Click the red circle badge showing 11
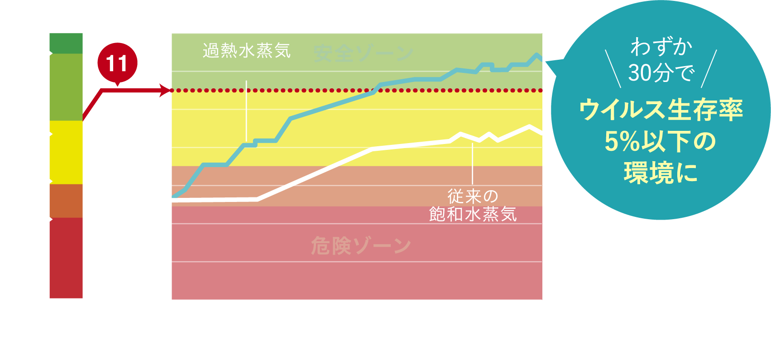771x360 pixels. pyautogui.click(x=117, y=63)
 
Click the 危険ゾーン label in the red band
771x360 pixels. pyautogui.click(x=361, y=246)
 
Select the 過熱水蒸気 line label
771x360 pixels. pyautogui.click(x=246, y=51)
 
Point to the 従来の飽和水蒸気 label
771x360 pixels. pyautogui.click(x=473, y=205)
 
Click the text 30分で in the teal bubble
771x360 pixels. pyautogui.click(x=661, y=72)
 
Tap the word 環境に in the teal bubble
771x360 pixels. pyautogui.click(x=661, y=173)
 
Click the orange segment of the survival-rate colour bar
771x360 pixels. pyautogui.click(x=66, y=201)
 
